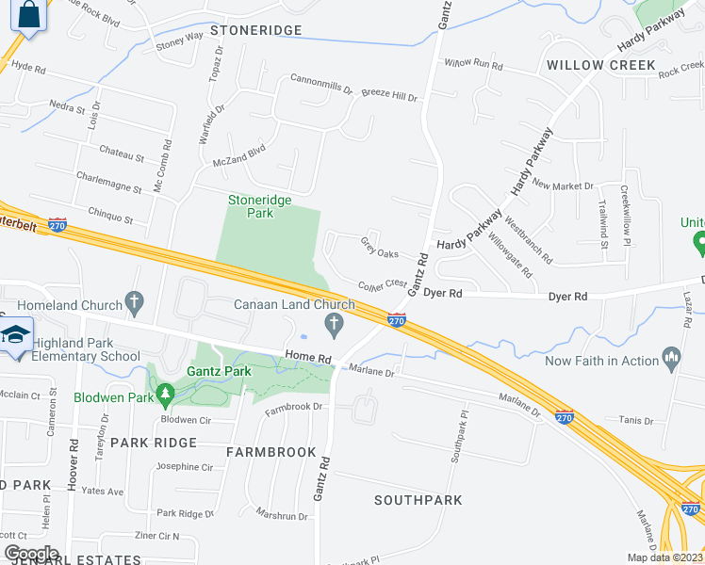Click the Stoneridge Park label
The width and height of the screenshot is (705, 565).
coord(259,206)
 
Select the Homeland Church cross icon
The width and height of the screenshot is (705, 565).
coord(135,304)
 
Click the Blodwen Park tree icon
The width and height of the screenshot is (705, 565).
coord(165,392)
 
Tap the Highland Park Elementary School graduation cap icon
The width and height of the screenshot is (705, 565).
coord(15,335)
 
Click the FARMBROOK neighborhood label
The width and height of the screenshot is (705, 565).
coord(271,452)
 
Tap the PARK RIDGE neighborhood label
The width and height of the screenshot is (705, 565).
coord(154,442)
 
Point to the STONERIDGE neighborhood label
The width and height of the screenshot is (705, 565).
coord(255,30)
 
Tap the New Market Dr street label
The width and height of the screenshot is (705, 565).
coord(563,186)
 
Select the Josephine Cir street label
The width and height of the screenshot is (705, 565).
coord(185,466)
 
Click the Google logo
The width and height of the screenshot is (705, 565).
coord(31,553)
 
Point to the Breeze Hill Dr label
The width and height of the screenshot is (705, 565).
coord(389,96)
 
